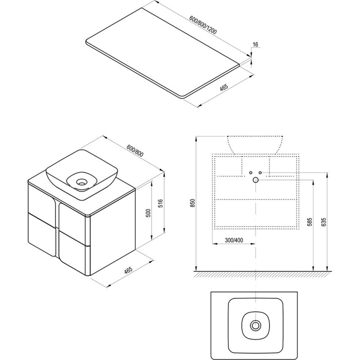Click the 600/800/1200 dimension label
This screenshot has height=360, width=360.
[x=203, y=25]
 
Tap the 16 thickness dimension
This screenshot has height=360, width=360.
[x=255, y=44]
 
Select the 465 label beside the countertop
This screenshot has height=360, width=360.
[x=224, y=87]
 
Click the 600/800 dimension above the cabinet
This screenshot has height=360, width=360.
[x=135, y=151]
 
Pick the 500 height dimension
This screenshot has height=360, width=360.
[x=148, y=213]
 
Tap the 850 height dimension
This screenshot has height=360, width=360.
[x=193, y=203]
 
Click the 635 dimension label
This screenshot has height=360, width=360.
[x=324, y=222]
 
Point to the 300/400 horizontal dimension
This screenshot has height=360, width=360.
[x=234, y=240]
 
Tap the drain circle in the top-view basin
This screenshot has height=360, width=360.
[x=255, y=325]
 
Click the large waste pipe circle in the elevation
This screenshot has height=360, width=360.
[x=256, y=180]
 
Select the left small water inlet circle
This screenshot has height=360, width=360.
[x=251, y=172]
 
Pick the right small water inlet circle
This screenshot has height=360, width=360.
[x=260, y=172]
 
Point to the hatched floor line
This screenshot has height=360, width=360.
[x=262, y=274]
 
